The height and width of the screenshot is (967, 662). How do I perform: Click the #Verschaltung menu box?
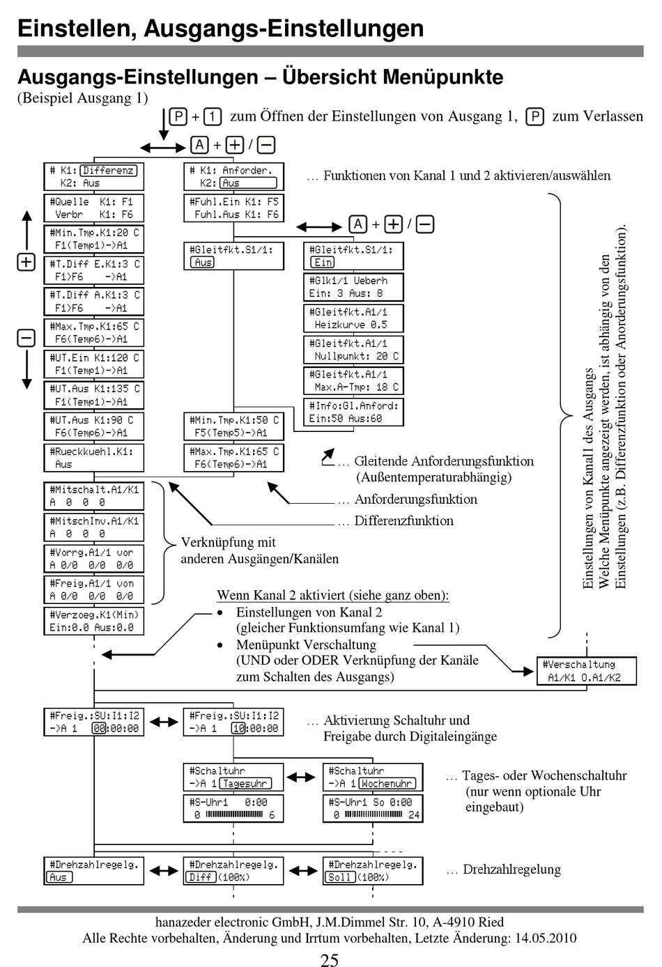click(x=586, y=671)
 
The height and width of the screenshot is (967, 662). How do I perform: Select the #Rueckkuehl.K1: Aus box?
click(x=94, y=458)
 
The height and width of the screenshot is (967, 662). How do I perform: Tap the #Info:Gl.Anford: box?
click(x=353, y=412)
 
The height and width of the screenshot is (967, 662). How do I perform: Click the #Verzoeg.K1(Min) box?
click(x=94, y=621)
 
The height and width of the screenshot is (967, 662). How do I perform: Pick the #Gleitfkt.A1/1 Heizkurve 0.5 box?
click(x=353, y=318)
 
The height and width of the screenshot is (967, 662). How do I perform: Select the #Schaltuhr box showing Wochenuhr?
click(x=373, y=778)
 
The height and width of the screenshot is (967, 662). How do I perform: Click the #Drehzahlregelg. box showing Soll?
click(x=373, y=871)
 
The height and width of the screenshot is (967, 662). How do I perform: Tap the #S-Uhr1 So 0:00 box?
click(x=373, y=809)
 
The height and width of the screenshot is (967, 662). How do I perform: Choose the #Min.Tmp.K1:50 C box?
click(x=233, y=426)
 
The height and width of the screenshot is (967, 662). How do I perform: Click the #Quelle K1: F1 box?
click(x=94, y=208)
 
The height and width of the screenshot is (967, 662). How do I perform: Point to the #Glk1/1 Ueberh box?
click(x=353, y=287)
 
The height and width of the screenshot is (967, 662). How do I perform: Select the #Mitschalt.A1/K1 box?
click(x=94, y=496)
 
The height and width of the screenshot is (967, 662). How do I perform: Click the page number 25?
click(x=330, y=960)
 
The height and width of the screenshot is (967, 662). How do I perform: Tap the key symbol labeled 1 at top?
click(x=213, y=116)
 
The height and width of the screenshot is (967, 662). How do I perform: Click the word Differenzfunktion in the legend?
click(x=403, y=520)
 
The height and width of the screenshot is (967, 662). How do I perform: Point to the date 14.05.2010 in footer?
click(x=546, y=938)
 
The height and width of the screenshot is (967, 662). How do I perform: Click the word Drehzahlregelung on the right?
click(x=511, y=869)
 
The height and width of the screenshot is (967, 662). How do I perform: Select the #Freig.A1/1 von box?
click(x=94, y=589)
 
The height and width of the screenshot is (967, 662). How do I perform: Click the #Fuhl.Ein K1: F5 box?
click(x=233, y=208)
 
